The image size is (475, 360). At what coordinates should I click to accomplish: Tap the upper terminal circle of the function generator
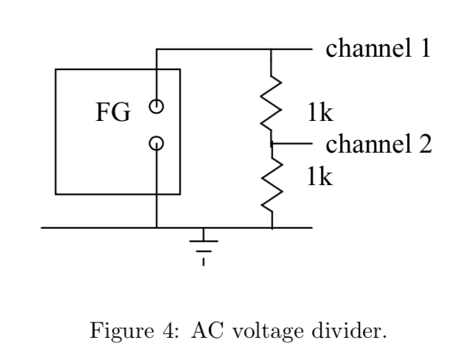point(156,106)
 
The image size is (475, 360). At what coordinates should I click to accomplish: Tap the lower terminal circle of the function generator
point(156,143)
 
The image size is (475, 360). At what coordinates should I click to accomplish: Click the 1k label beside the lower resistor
point(322,177)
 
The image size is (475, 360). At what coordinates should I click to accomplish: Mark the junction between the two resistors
point(273,144)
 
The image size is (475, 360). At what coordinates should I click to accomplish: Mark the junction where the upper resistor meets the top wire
point(273,50)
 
